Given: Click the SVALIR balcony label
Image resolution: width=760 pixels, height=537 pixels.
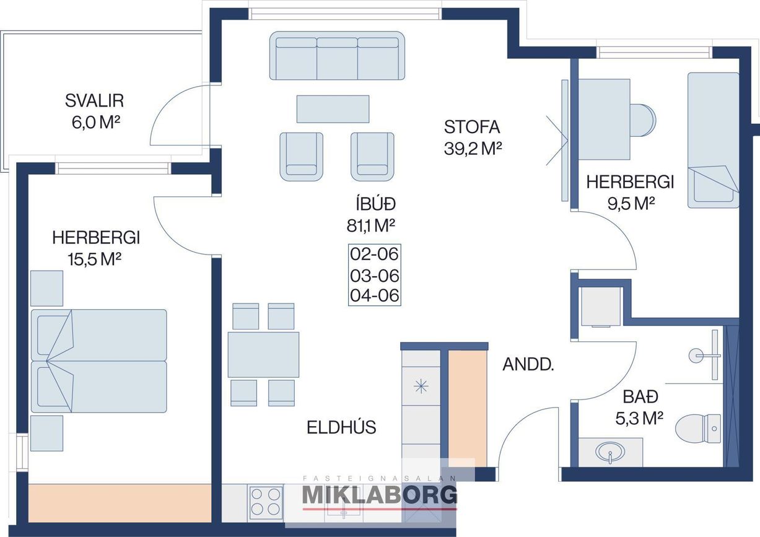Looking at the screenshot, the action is click(94, 101).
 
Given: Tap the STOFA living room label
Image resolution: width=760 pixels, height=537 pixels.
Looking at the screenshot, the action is click(472, 127).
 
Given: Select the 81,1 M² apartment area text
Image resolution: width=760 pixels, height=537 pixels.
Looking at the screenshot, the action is click(371, 225).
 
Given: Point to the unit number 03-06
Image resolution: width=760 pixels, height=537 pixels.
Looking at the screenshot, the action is click(374, 276).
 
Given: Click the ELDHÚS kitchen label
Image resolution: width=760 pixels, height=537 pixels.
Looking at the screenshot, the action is click(341, 427).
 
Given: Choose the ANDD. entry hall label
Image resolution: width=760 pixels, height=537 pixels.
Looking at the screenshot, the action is click(528, 365).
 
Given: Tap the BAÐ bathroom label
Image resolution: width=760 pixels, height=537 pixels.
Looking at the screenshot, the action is click(640, 397).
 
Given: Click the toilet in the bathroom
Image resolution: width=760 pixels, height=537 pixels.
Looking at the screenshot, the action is click(698, 429).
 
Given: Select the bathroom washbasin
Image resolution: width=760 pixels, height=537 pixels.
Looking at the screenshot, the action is click(610, 452).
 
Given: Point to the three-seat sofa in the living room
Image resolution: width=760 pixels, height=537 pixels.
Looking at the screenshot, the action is click(337, 56).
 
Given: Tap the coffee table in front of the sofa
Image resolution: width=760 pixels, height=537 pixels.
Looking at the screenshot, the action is click(333, 109).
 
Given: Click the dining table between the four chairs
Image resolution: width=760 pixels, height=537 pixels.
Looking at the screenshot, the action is click(263, 354).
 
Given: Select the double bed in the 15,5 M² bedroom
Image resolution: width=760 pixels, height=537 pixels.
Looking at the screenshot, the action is click(98, 361).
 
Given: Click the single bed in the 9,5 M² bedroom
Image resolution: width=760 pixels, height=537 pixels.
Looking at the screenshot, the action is click(713, 140).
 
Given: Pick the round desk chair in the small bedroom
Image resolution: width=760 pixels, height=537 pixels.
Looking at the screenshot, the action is click(643, 120).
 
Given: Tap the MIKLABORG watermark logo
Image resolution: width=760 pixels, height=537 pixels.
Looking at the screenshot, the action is click(379, 495).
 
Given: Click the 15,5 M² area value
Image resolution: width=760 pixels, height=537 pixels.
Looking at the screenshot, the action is click(94, 260).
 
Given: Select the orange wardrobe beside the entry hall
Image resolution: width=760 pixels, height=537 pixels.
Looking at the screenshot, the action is click(468, 408).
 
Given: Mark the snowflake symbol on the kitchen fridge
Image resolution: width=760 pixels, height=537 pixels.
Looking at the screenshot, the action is click(421, 386).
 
